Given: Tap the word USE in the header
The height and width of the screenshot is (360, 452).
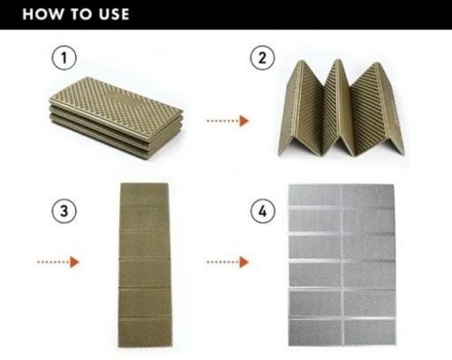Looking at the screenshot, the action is (114, 14).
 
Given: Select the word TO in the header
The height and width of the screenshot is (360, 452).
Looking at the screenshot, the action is (80, 14).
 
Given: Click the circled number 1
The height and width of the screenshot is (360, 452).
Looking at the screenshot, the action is (64, 57).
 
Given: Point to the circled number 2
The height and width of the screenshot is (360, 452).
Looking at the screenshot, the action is (262, 57).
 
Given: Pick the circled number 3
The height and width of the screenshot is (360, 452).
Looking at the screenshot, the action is (64, 211).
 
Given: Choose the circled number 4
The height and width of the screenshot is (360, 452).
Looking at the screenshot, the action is (262, 211).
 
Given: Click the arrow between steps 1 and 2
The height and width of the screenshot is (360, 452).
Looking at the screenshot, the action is (228, 121).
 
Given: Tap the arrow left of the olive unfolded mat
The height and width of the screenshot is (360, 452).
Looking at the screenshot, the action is (58, 262).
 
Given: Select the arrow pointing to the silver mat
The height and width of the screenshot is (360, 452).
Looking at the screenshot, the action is (228, 262).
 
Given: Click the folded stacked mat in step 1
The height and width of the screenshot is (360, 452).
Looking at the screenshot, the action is (117, 117).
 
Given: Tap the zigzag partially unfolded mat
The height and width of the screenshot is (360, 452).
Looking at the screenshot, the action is (342, 109).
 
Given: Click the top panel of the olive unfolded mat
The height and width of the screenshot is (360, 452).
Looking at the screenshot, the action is (144, 194).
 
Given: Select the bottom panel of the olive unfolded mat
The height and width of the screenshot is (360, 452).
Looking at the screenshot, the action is (146, 333).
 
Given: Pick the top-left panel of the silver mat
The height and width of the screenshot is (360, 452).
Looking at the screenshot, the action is (314, 196).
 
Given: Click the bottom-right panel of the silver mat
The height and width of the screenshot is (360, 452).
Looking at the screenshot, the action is (370, 333).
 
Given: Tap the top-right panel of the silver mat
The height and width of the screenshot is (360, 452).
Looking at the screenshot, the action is (368, 196).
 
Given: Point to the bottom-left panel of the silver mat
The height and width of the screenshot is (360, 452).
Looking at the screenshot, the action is (315, 333).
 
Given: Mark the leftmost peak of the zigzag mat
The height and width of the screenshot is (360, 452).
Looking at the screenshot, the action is (300, 62).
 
